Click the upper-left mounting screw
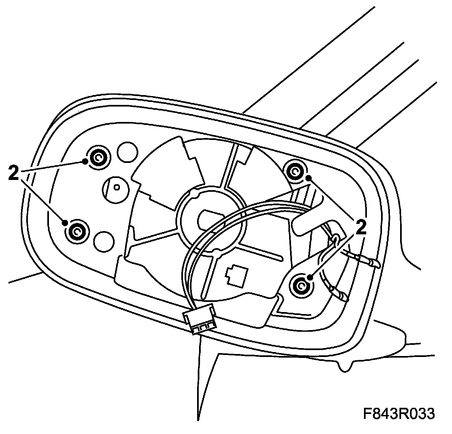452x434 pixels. click(x=98, y=158)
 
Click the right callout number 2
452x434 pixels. click(x=360, y=227)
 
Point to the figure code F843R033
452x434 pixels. click(x=399, y=413)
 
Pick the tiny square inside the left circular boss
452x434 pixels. click(x=117, y=187)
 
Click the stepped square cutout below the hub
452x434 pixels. click(x=236, y=275)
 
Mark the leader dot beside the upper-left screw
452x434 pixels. click(x=85, y=161)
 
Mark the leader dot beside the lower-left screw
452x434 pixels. click(x=65, y=223)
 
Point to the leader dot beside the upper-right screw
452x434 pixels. click(x=308, y=178)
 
